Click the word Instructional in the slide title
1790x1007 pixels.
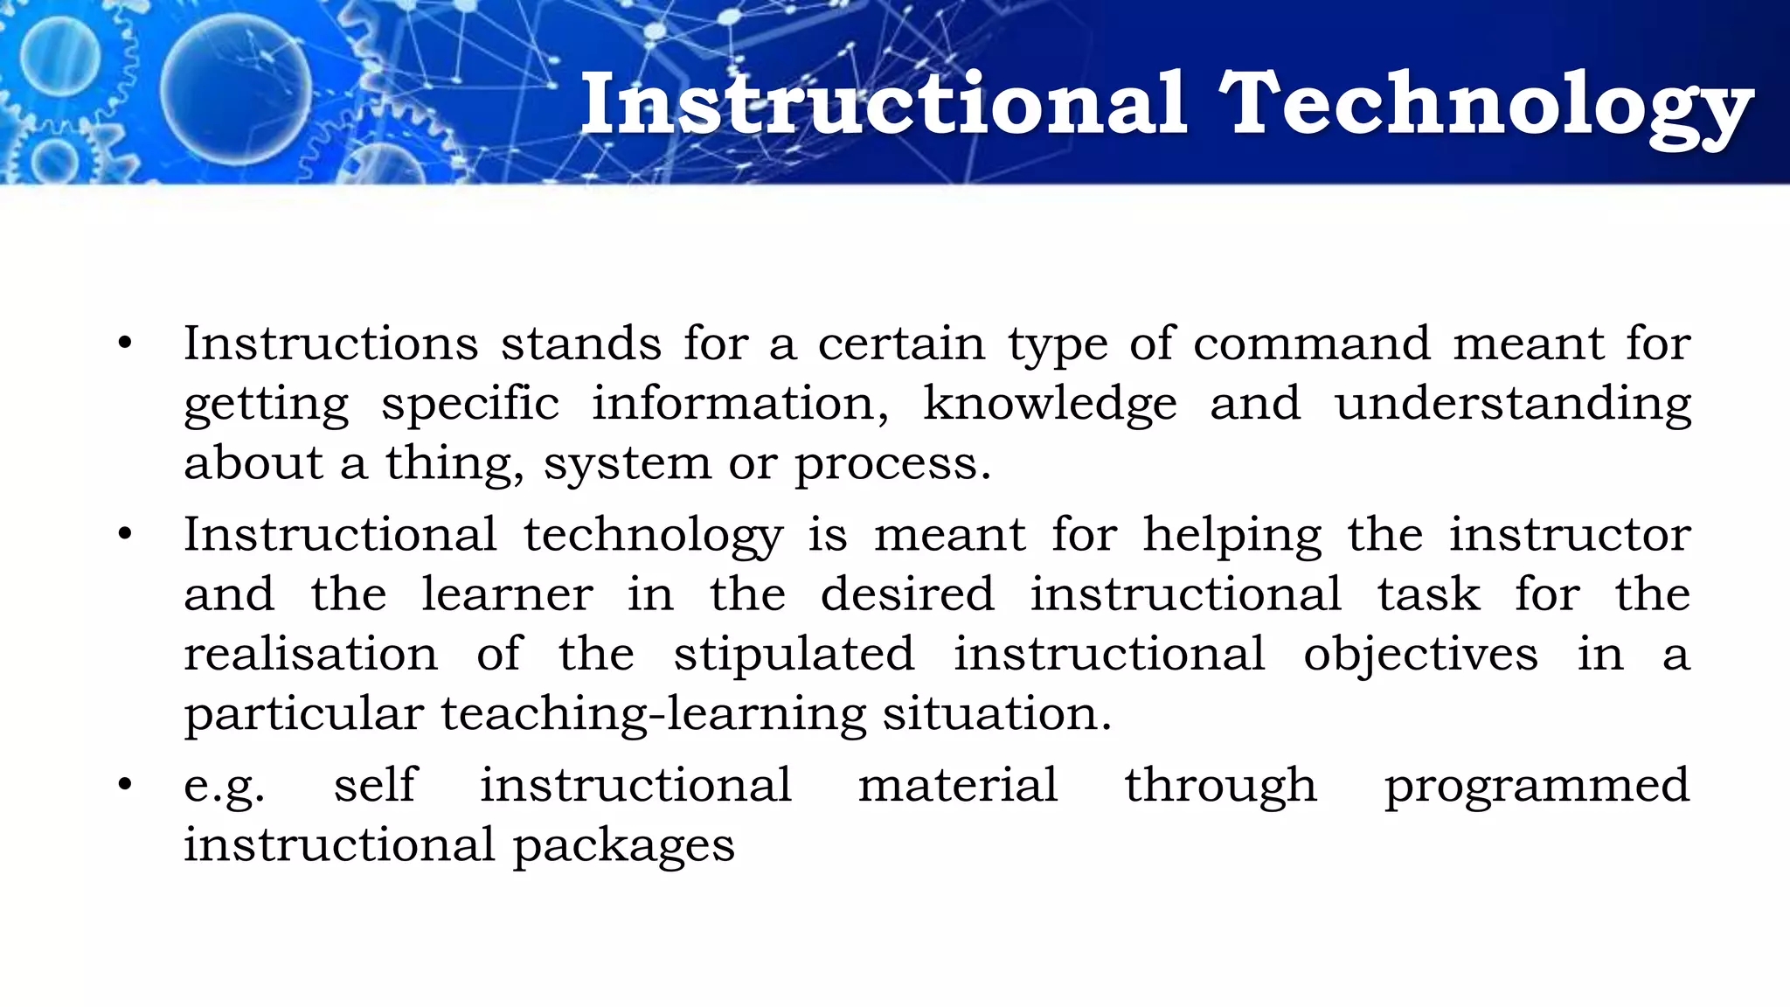[x=884, y=105]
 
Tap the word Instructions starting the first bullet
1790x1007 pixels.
[x=330, y=344]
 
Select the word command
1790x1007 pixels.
[x=1311, y=344]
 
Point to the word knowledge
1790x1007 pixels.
[x=1050, y=405]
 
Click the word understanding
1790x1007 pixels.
[x=1512, y=405]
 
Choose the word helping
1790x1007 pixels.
[x=1232, y=535]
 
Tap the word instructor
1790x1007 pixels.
[x=1570, y=535]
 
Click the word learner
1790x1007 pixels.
[x=507, y=594]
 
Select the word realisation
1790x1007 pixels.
[x=310, y=654]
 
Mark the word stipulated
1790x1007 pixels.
[x=794, y=654]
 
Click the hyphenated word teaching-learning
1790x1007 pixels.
[x=653, y=715]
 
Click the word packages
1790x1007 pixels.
[x=623, y=846]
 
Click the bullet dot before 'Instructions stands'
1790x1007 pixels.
[x=125, y=344]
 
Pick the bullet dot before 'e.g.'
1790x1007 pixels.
[x=125, y=784]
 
